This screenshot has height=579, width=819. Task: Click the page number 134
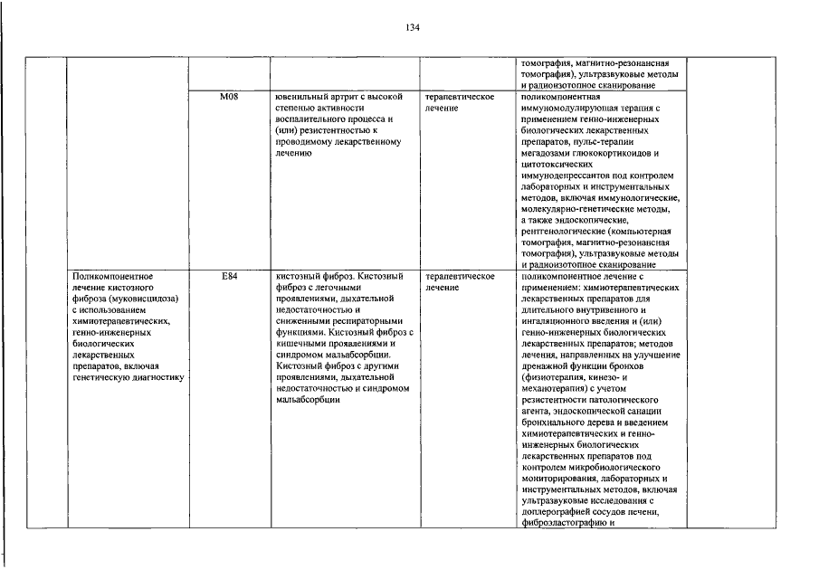pos(412,28)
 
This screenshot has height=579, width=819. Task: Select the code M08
pos(229,96)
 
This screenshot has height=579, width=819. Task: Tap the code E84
pos(229,275)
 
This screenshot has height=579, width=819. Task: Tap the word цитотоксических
pos(557,166)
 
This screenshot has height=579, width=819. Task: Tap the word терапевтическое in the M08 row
pos(459,96)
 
